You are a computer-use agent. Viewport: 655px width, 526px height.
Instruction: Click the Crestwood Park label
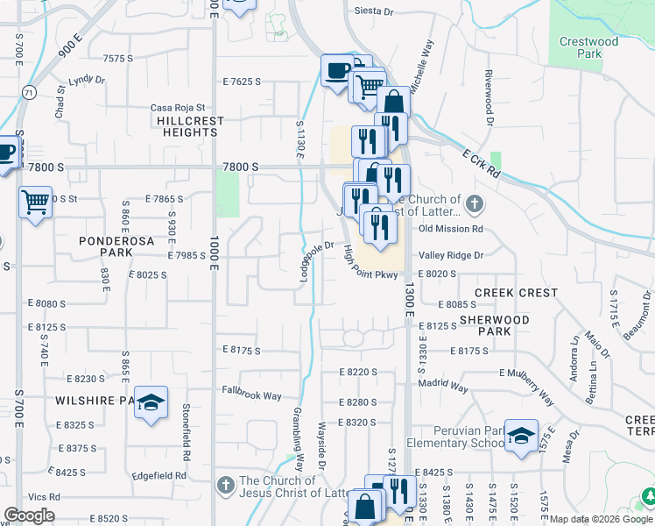click(588, 47)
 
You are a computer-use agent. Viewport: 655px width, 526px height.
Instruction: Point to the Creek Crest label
click(516, 293)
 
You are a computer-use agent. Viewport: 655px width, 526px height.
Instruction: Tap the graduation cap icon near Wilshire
click(151, 402)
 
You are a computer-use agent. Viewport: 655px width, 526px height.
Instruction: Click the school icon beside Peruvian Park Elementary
click(521, 436)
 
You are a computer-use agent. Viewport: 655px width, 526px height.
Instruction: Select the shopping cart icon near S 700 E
click(35, 203)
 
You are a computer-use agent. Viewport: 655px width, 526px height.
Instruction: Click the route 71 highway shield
click(30, 91)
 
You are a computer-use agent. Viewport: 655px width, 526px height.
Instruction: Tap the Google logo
click(29, 515)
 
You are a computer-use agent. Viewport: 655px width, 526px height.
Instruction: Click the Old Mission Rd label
click(451, 230)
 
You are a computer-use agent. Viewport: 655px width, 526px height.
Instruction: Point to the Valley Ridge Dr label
click(451, 255)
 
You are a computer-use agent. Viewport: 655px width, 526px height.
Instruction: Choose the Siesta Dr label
click(374, 12)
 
